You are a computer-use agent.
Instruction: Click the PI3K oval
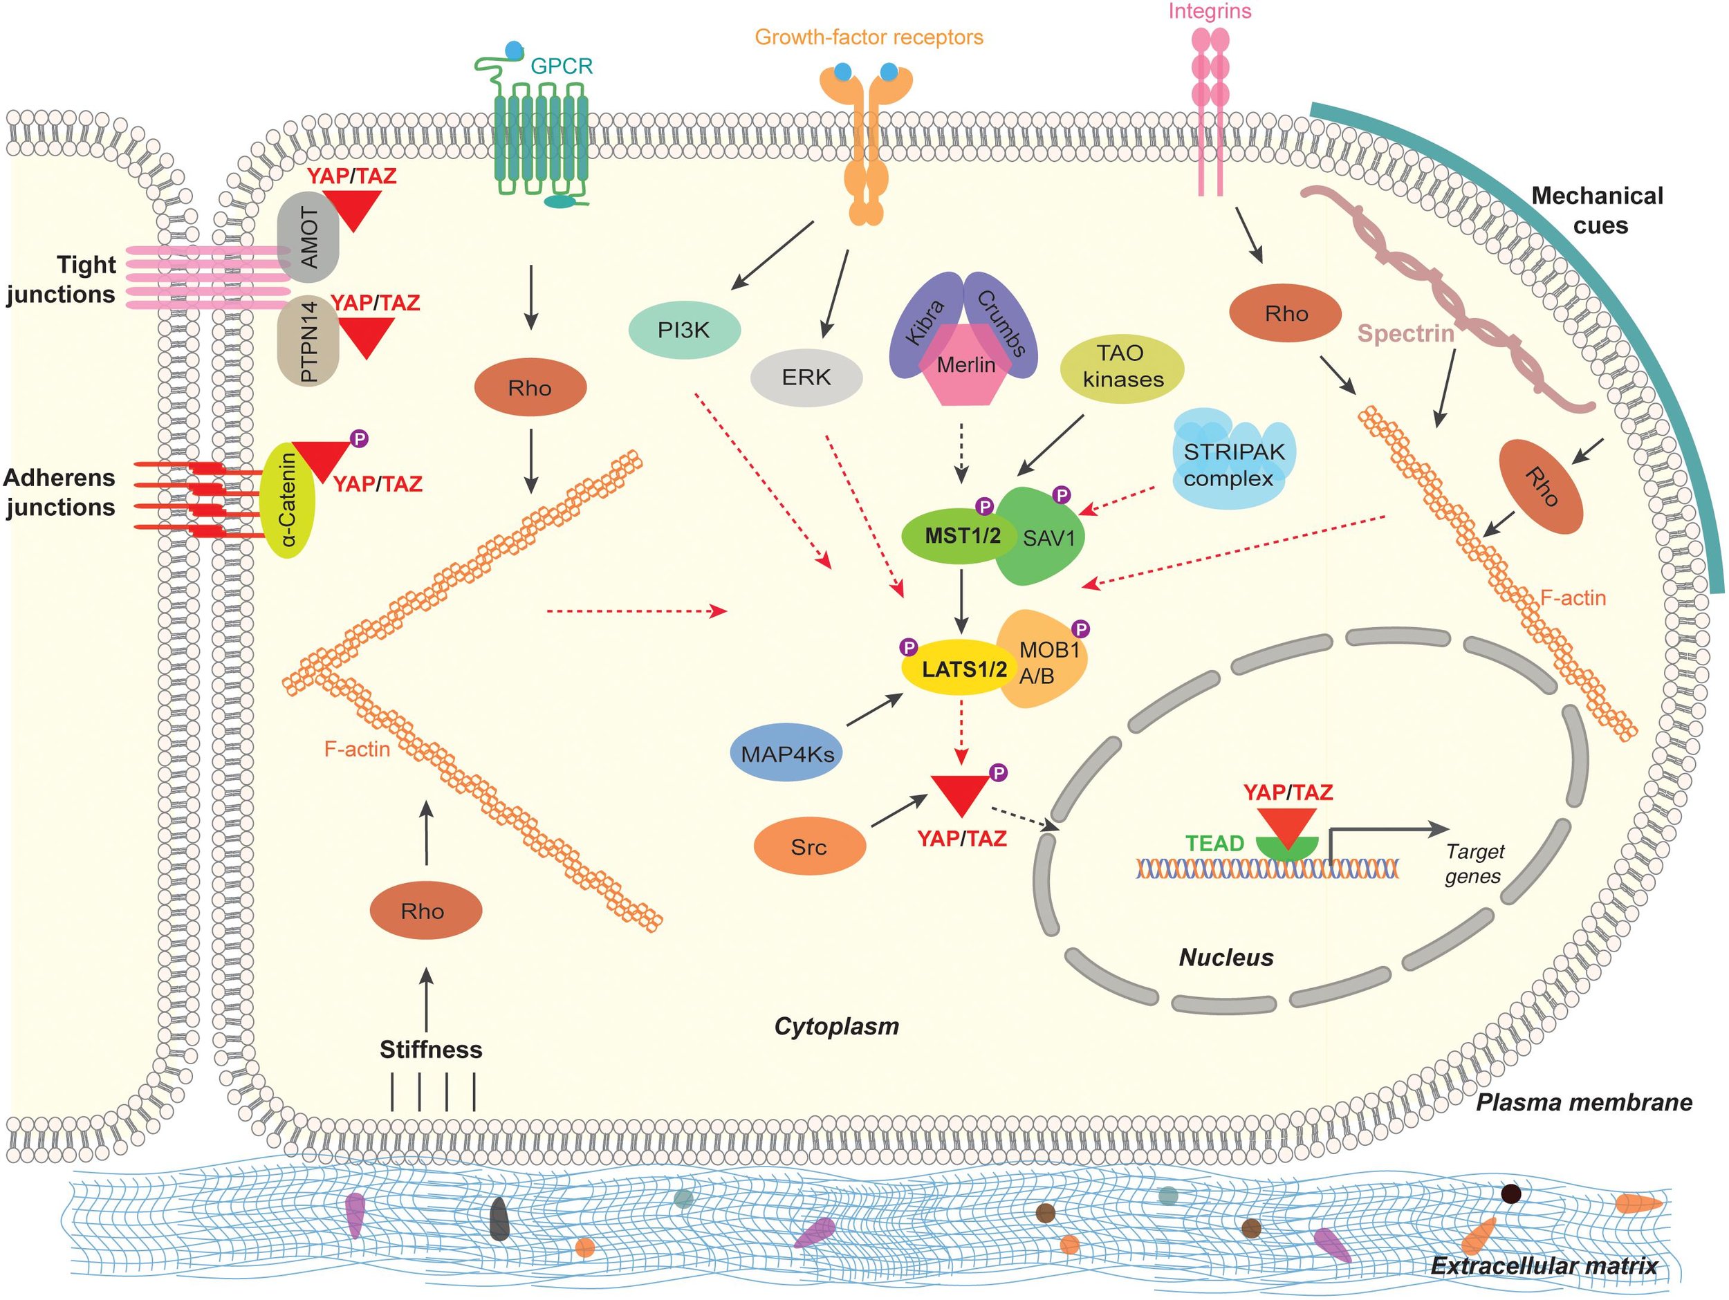click(684, 330)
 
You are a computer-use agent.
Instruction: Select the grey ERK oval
click(806, 378)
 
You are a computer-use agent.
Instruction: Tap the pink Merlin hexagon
click(965, 367)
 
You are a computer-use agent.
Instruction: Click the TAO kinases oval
click(1122, 366)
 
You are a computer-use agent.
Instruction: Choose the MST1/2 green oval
click(961, 537)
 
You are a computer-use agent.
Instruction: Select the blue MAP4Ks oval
click(786, 754)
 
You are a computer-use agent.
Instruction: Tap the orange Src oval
click(809, 846)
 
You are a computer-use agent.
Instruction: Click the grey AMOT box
click(308, 237)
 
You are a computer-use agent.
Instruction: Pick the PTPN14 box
click(308, 342)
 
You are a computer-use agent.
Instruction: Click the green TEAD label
click(1214, 844)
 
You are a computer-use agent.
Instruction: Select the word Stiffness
click(431, 1049)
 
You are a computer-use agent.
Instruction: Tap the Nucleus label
click(1226, 957)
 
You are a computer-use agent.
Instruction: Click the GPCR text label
click(561, 66)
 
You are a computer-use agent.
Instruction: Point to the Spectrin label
click(1405, 334)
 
